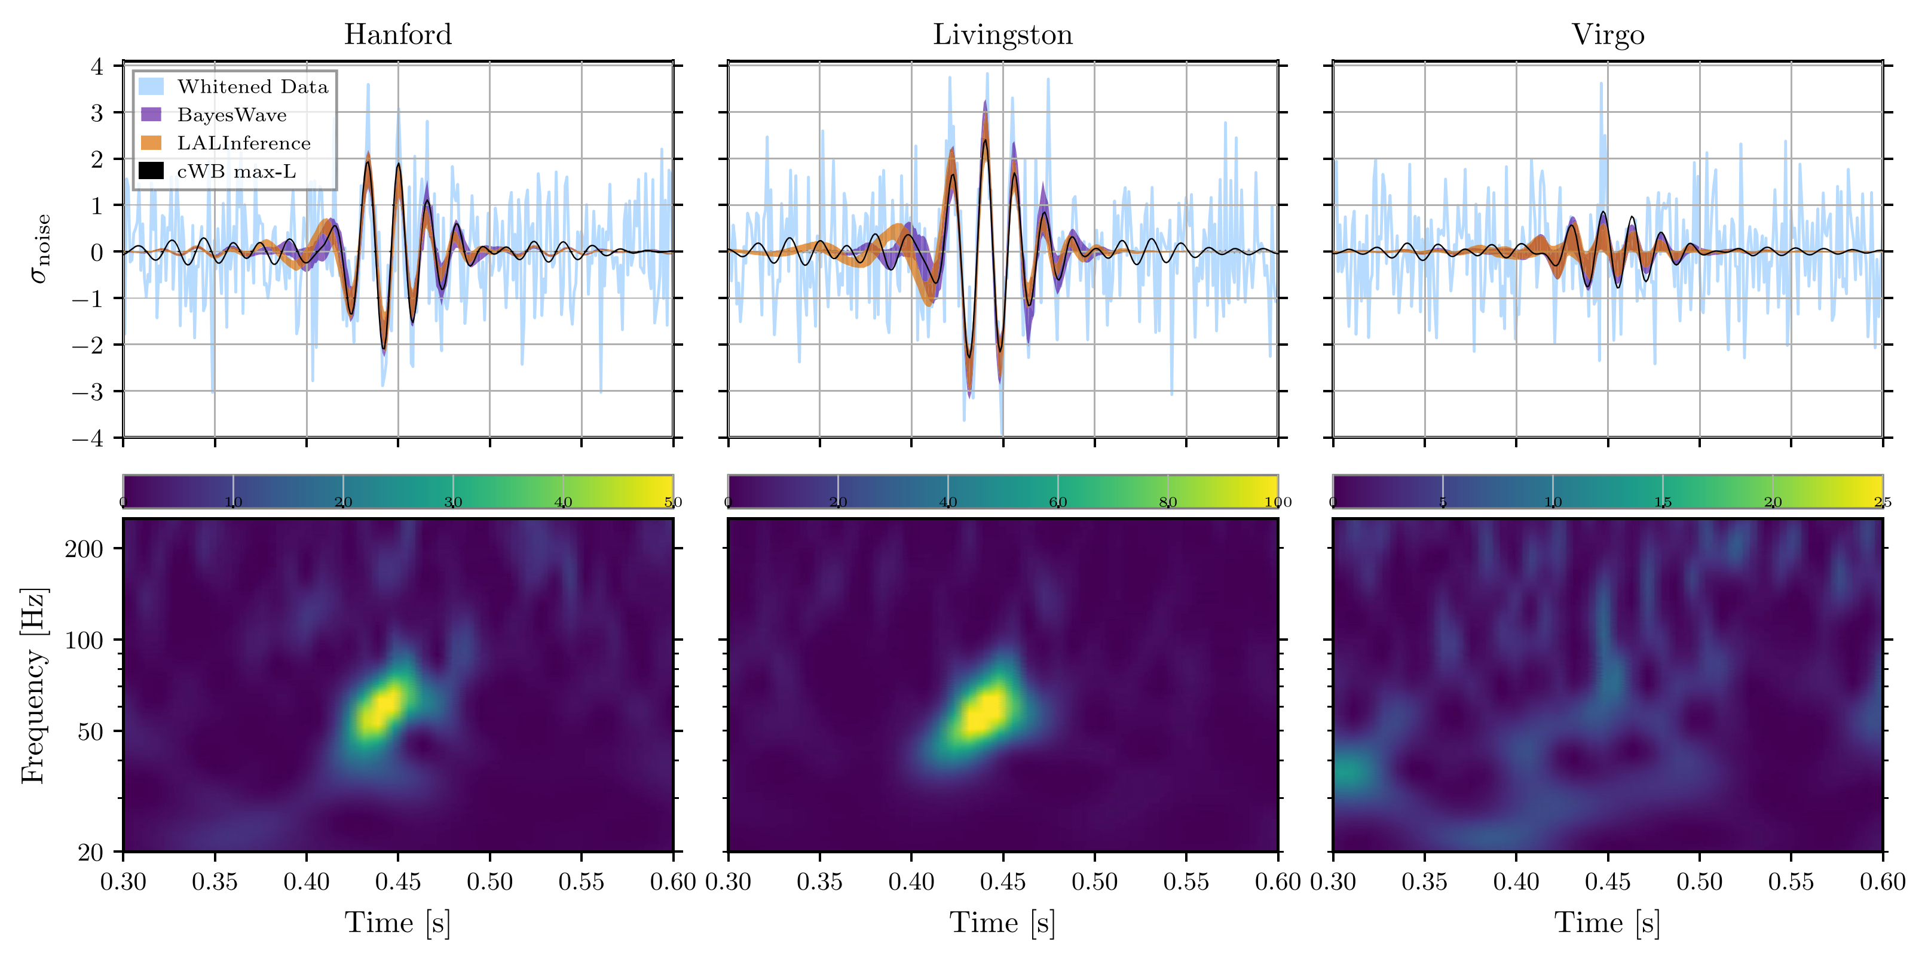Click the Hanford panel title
397,35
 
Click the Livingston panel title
1002,35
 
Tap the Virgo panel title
1608,35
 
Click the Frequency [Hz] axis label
33,686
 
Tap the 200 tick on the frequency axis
84,549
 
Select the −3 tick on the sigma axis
88,391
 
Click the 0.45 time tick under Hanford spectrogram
397,882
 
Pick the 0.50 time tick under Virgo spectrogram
1699,882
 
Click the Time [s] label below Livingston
1002,923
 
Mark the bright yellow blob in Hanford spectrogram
380,708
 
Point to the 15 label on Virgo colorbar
1662,502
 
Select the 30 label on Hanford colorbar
453,502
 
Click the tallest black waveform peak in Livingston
985,141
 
